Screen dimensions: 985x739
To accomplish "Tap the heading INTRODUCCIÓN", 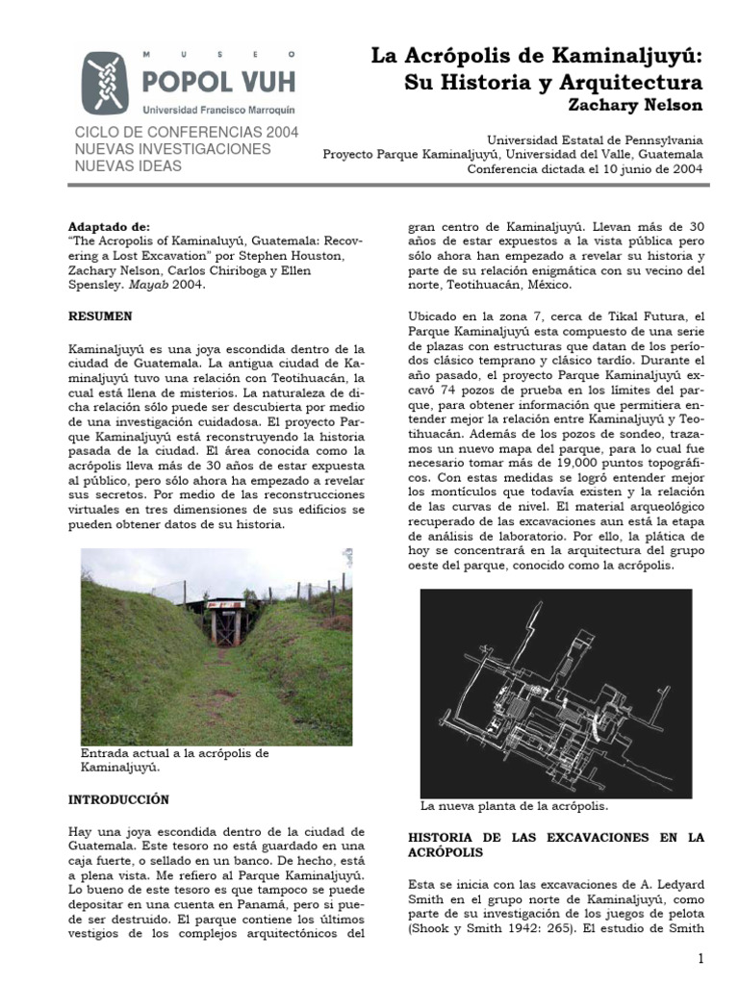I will click(118, 799).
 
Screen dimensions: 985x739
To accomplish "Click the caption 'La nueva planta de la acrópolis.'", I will click(514, 805).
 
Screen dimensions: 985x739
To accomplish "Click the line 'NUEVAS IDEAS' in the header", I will click(127, 166).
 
